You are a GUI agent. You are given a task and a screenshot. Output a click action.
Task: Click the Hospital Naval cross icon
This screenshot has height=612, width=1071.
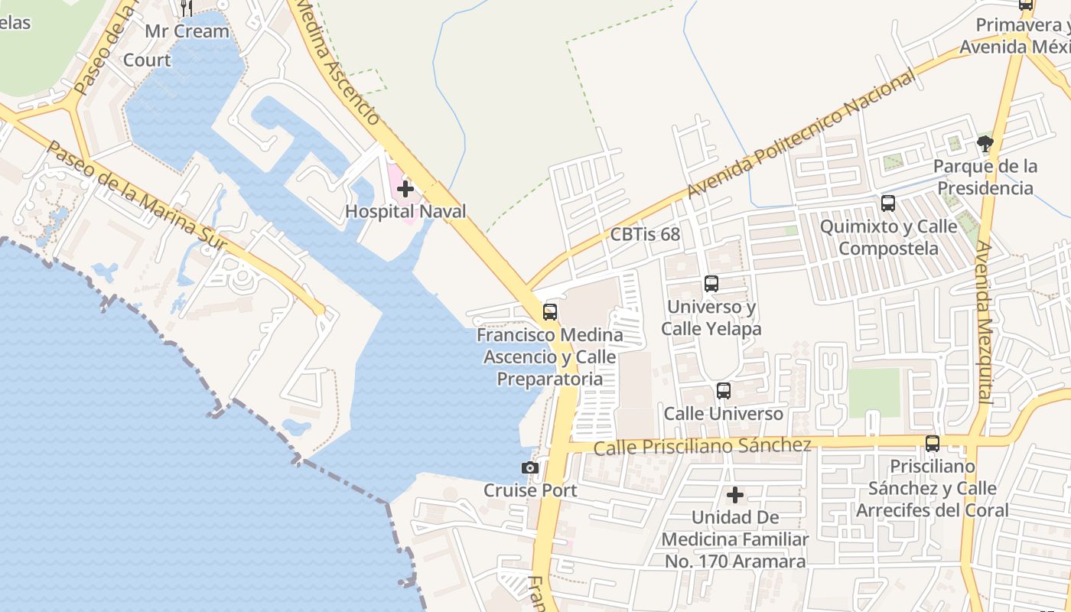click(x=405, y=188)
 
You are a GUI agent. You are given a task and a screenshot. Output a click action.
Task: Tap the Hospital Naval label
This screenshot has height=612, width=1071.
click(x=405, y=211)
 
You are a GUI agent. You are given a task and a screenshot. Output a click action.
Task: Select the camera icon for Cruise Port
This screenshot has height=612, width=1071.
click(x=530, y=467)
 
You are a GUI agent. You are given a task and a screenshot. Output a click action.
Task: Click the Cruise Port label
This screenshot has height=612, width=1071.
click(x=530, y=490)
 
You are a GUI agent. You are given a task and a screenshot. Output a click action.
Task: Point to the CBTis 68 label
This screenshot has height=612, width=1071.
click(x=645, y=234)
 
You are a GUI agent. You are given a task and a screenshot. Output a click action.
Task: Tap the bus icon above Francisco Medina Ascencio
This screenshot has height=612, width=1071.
click(x=549, y=311)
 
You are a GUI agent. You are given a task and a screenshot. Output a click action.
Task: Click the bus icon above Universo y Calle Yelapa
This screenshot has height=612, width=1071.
click(x=711, y=284)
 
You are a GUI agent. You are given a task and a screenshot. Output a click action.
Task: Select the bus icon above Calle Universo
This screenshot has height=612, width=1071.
click(x=723, y=391)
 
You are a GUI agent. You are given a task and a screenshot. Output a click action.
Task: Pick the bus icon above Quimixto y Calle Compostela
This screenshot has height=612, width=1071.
click(x=888, y=203)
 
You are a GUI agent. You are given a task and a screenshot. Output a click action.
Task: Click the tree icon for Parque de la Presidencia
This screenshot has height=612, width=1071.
click(x=985, y=143)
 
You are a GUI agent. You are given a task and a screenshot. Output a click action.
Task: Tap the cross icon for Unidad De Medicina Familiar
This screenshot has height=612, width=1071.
click(x=735, y=495)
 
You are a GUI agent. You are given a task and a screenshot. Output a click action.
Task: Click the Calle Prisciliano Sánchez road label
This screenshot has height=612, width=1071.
click(x=702, y=446)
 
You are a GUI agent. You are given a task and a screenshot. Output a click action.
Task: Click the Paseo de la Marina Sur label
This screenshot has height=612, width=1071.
click(x=137, y=196)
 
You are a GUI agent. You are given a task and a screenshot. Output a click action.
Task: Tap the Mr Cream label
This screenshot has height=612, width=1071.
click(x=187, y=31)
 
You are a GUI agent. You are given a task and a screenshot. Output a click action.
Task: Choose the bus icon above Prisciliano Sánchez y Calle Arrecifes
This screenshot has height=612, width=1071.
click(x=933, y=443)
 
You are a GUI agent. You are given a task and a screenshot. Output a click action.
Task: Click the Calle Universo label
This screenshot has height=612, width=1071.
click(x=724, y=414)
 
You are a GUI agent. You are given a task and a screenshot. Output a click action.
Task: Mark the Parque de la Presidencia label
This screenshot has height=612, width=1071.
click(x=985, y=177)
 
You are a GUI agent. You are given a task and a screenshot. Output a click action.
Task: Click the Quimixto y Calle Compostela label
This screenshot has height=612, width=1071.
click(x=888, y=237)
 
